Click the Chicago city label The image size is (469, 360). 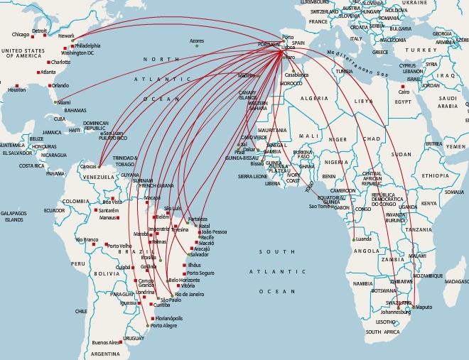point(21,34)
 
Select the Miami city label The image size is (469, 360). point(64,102)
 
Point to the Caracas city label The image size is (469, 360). point(89,165)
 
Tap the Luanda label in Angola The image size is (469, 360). point(363,239)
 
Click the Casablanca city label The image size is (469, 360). point(296,75)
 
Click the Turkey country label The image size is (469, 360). point(424,50)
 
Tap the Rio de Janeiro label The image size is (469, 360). point(190,293)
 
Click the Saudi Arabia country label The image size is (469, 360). point(449,102)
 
